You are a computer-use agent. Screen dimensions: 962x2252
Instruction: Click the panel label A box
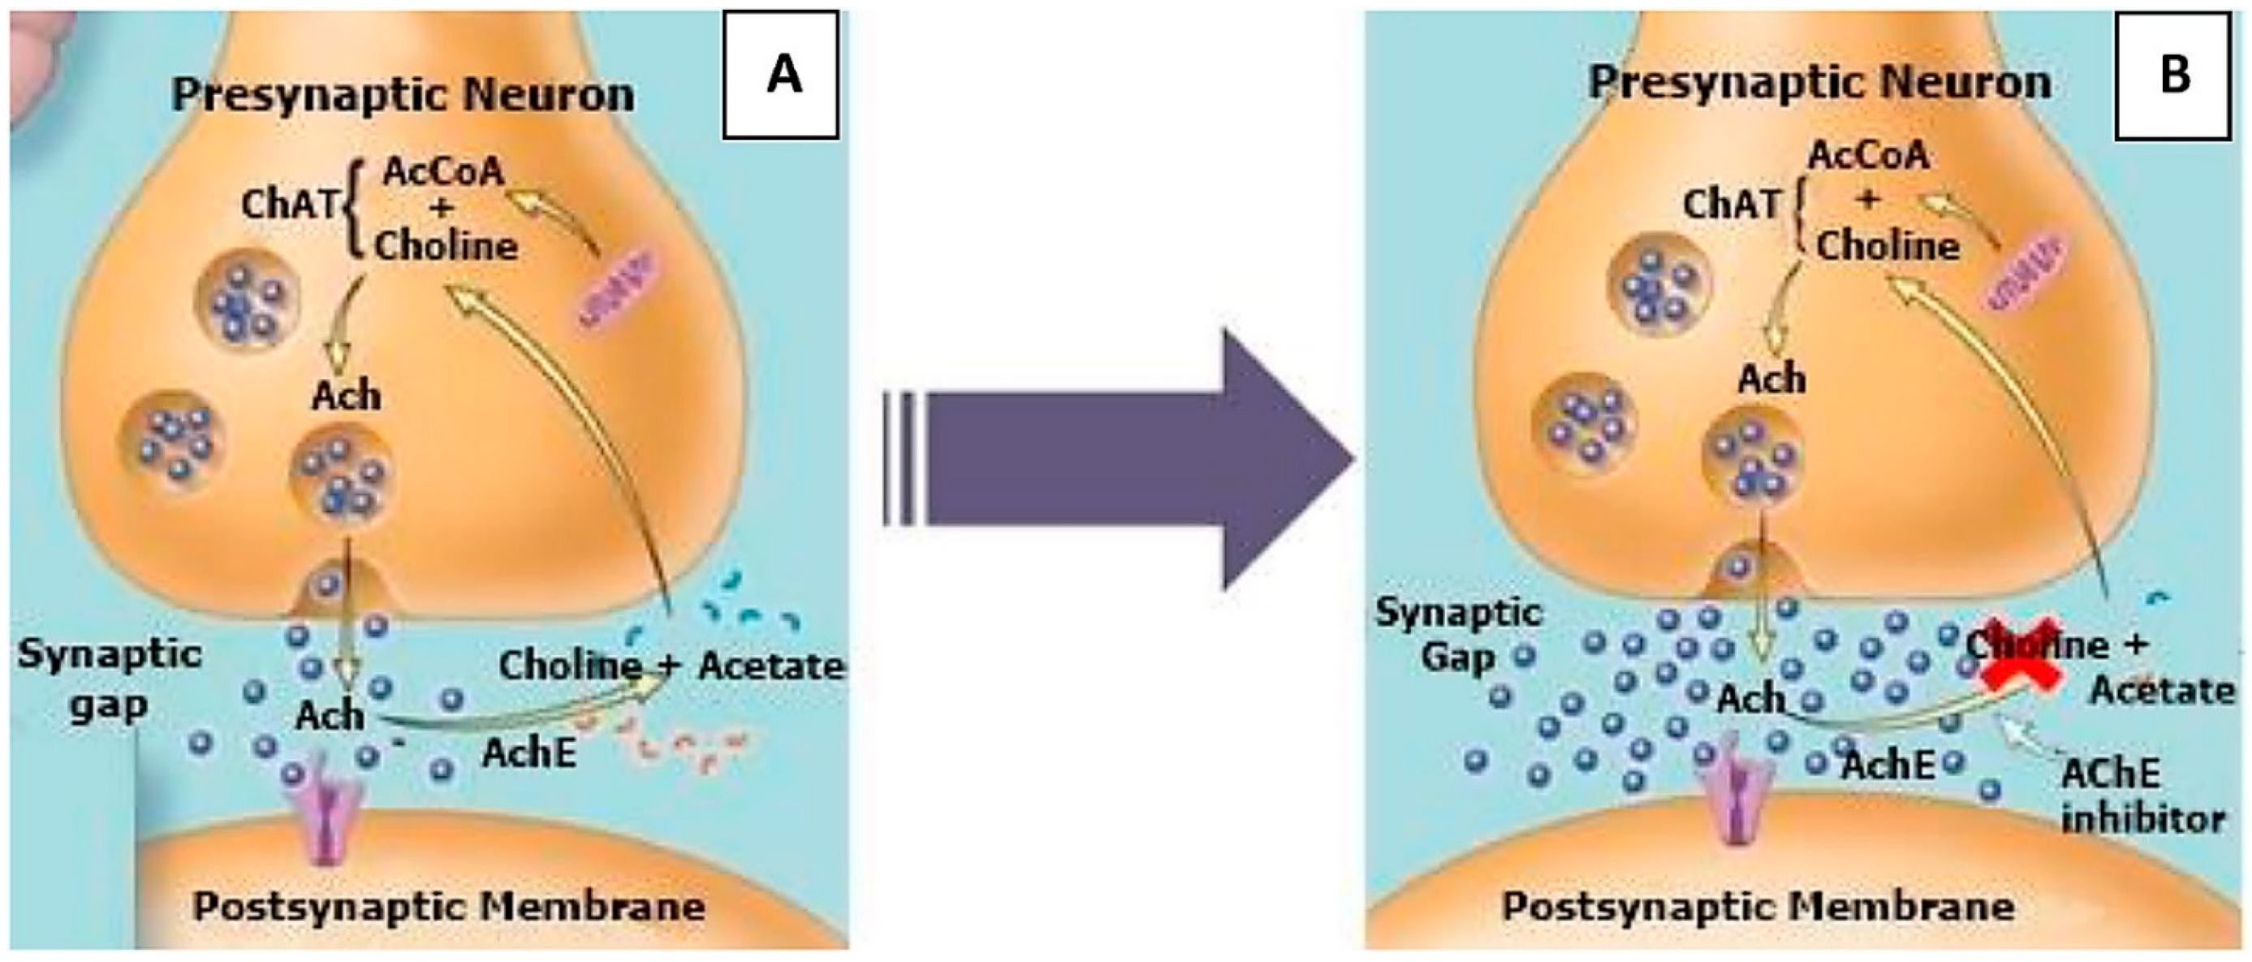tap(781, 75)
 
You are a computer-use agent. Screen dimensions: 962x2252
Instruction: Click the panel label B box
tap(2172, 75)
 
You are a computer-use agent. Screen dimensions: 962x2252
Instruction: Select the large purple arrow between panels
tap(1128, 459)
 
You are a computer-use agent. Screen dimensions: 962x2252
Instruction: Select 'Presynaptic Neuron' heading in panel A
tap(403, 94)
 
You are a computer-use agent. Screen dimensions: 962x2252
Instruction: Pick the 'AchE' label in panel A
tap(530, 752)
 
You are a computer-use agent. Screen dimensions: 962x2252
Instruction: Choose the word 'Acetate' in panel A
tap(771, 666)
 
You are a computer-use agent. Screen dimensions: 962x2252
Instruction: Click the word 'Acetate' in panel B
tap(2162, 691)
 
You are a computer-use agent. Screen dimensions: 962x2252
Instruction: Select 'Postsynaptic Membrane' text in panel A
tap(448, 906)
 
